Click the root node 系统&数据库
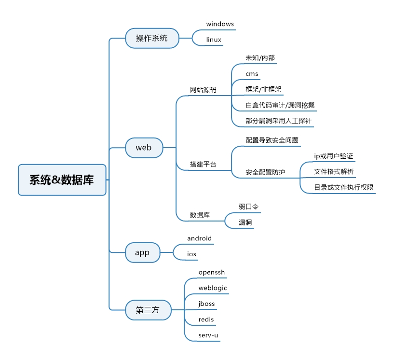pyautogui.click(x=62, y=180)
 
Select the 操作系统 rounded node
pyautogui.click(x=152, y=38)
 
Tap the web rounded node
pyautogui.click(x=144, y=148)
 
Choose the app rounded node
pyautogui.click(x=142, y=253)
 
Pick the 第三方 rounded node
pyautogui.click(x=148, y=310)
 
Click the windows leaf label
pyautogui.click(x=220, y=24)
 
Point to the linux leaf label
pyautogui.click(x=214, y=40)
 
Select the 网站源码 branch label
pyautogui.click(x=203, y=90)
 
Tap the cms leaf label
pyautogui.click(x=252, y=74)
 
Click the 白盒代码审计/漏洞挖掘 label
pyautogui.click(x=280, y=105)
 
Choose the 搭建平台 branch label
pyautogui.click(x=203, y=164)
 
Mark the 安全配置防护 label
pyautogui.click(x=265, y=172)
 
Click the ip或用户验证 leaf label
pyautogui.click(x=333, y=156)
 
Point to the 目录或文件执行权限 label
pyautogui.click(x=344, y=187)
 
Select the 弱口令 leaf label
pyautogui.click(x=248, y=207)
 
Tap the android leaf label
pyautogui.click(x=199, y=238)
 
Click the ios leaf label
pyautogui.click(x=191, y=254)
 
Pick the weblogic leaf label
pyautogui.click(x=213, y=288)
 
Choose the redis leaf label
pyautogui.click(x=206, y=319)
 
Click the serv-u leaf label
pyautogui.click(x=208, y=335)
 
